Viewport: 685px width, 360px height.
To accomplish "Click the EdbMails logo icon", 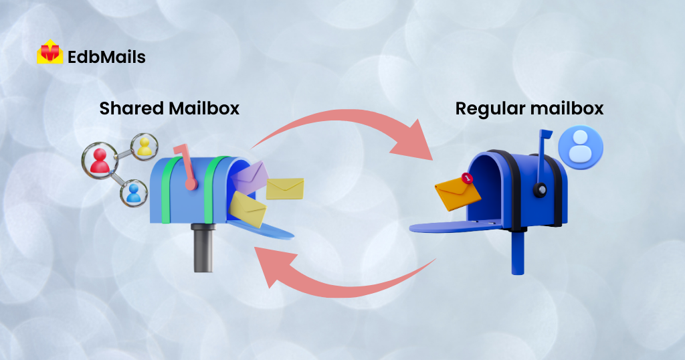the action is pos(50,52).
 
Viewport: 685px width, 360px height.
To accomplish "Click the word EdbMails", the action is pos(106,57).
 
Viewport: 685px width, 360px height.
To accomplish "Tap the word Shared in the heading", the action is pos(132,108).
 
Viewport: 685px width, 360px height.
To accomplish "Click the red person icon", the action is pos(100,161).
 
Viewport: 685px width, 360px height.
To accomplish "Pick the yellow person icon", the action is pos(144,147).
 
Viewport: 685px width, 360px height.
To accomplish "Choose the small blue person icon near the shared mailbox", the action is pos(134,193).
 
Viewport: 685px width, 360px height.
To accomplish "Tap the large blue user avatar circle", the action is pos(581,147).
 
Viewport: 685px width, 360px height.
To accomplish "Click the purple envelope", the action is pos(250,177).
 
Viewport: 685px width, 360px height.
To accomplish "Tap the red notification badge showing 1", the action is pos(468,178).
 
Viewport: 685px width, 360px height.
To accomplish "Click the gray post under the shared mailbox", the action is pos(203,248).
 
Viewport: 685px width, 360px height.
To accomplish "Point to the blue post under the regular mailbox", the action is pos(518,252).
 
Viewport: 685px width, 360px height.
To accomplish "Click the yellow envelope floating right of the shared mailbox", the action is pos(285,188).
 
